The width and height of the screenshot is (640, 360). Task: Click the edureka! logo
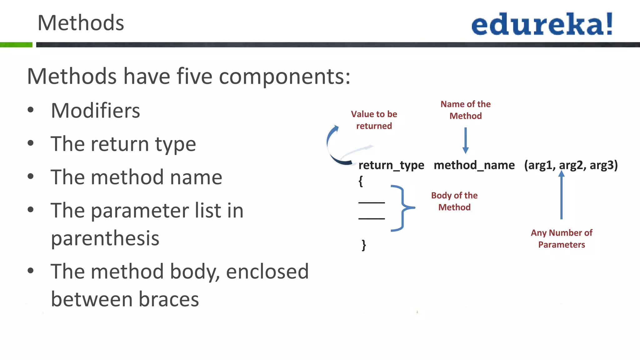pyautogui.click(x=542, y=24)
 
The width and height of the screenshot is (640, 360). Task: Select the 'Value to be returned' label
pyautogui.click(x=374, y=120)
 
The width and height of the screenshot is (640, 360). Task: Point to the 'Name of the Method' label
pyautogui.click(x=465, y=110)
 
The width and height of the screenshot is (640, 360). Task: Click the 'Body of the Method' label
pyautogui.click(x=454, y=201)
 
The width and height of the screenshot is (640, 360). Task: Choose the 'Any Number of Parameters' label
pyautogui.click(x=562, y=238)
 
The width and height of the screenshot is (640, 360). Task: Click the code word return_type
pyautogui.click(x=391, y=165)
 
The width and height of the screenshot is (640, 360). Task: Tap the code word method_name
pyautogui.click(x=474, y=165)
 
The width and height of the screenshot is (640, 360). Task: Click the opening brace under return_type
pyautogui.click(x=361, y=181)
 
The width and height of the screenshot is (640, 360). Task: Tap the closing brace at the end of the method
pyautogui.click(x=364, y=245)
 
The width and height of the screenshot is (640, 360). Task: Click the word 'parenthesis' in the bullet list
pyautogui.click(x=105, y=238)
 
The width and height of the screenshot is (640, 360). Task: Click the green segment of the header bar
pyautogui.click(x=16, y=45)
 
